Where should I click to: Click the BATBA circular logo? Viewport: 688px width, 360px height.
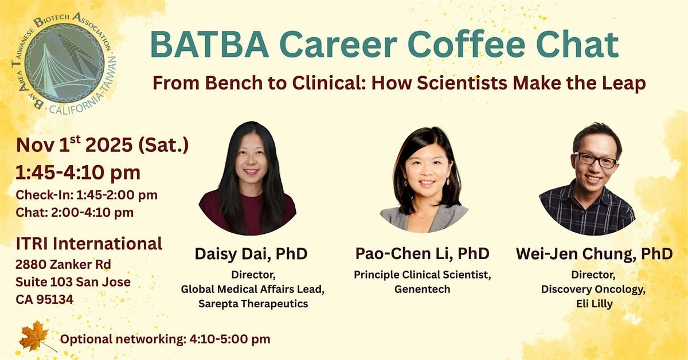pyautogui.click(x=64, y=63)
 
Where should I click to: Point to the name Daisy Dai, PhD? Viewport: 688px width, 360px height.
pyautogui.click(x=251, y=254)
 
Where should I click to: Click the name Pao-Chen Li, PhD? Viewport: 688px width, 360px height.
pyautogui.click(x=423, y=253)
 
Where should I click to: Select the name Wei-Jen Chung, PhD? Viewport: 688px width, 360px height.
pyautogui.click(x=594, y=254)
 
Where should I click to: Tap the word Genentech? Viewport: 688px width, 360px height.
pyautogui.click(x=423, y=289)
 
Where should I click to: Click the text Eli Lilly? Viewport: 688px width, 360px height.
pyautogui.click(x=595, y=304)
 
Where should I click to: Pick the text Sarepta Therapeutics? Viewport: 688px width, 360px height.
pyautogui.click(x=253, y=304)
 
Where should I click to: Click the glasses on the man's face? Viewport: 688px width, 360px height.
pyautogui.click(x=595, y=160)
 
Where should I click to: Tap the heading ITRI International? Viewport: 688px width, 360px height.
pyautogui.click(x=89, y=244)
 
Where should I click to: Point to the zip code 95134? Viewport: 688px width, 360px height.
pyautogui.click(x=55, y=299)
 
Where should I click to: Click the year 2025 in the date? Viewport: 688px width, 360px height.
pyautogui.click(x=109, y=145)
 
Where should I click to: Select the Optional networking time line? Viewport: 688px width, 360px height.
pyautogui.click(x=165, y=339)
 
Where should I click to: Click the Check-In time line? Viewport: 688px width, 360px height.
pyautogui.click(x=87, y=195)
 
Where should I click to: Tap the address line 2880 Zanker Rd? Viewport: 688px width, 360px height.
pyautogui.click(x=63, y=264)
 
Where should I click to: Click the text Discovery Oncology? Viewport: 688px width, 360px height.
pyautogui.click(x=593, y=289)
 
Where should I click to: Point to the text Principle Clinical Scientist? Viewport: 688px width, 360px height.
pyautogui.click(x=423, y=275)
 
